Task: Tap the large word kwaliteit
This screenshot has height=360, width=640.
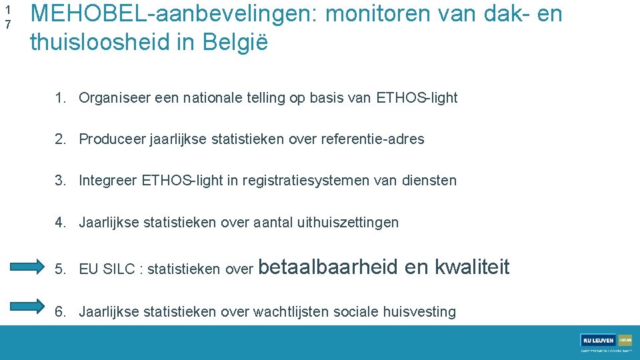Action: click(472, 267)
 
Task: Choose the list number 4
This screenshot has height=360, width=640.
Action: click(59, 222)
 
